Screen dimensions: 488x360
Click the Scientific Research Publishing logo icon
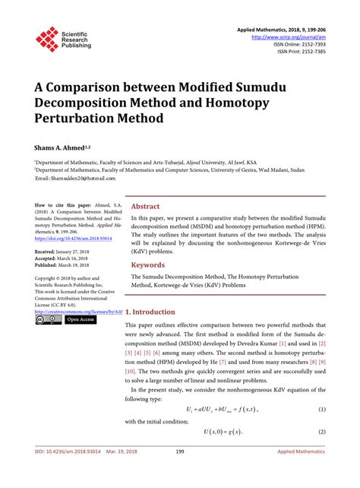[47, 39]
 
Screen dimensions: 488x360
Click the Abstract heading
[146, 206]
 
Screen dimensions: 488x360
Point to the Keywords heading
[148, 265]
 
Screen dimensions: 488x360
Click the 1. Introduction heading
[155, 312]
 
